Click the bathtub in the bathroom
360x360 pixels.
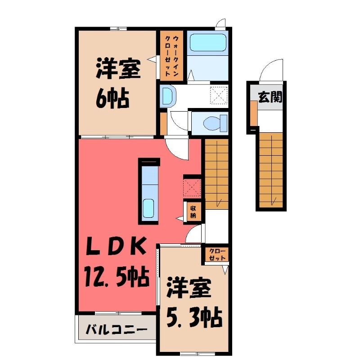click(x=208, y=43)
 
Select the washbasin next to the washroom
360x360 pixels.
click(x=168, y=96)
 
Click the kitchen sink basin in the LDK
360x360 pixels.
click(x=148, y=208)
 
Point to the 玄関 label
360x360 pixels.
click(x=270, y=97)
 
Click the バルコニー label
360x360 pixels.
click(x=117, y=330)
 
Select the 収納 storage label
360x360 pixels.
click(x=193, y=212)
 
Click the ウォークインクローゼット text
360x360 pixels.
click(x=172, y=55)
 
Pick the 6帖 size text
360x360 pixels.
click(x=112, y=98)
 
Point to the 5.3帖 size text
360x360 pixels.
click(x=194, y=318)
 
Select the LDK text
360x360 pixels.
click(x=116, y=246)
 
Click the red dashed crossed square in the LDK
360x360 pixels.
click(x=192, y=188)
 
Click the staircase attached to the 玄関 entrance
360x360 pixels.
click(x=271, y=170)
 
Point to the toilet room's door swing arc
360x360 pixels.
click(x=178, y=121)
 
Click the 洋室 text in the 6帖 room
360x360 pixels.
click(x=118, y=68)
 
